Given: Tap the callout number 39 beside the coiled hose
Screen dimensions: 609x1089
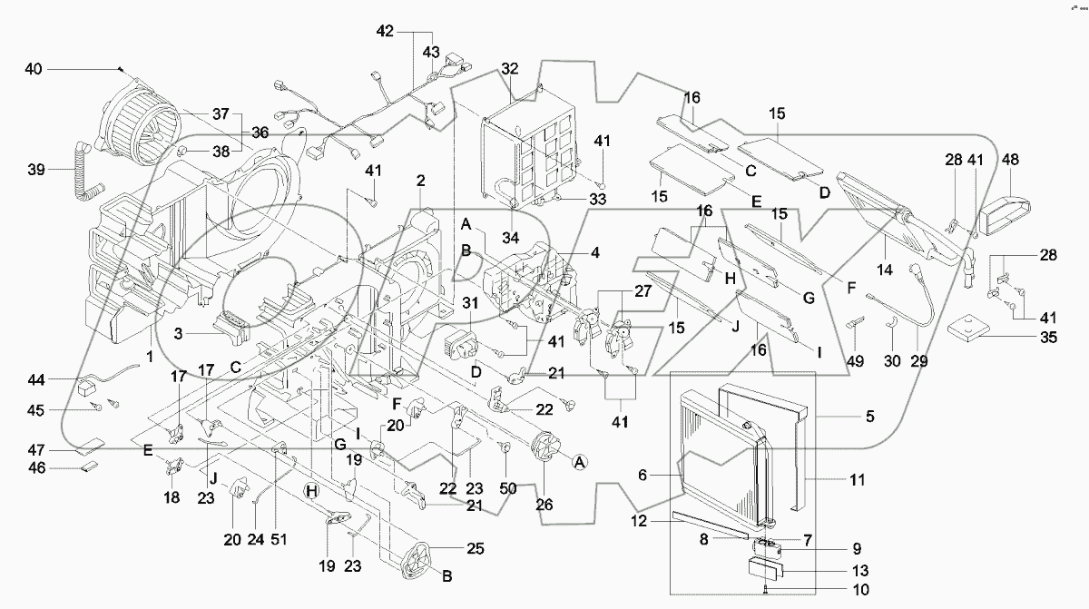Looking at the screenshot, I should [36, 170].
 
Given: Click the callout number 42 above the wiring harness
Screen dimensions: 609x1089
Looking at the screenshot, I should [387, 30].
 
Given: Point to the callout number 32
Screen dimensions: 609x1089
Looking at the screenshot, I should [509, 69].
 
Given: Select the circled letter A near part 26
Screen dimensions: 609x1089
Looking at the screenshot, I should [577, 462].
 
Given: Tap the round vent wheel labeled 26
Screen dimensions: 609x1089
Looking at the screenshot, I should [545, 451].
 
